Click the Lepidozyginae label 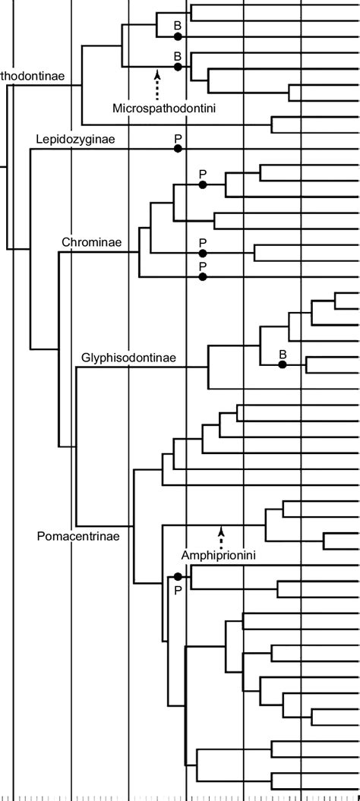(74, 140)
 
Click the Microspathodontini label (164, 109)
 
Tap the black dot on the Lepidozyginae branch (178, 149)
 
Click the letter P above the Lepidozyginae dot (178, 137)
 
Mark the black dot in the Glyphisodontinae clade (282, 365)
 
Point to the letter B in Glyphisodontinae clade (282, 354)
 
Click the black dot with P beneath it (178, 577)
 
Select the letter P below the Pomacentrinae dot (178, 590)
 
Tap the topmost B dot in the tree (178, 36)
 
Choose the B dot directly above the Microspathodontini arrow (178, 67)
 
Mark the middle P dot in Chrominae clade (203, 253)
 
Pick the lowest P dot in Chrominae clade (203, 277)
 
